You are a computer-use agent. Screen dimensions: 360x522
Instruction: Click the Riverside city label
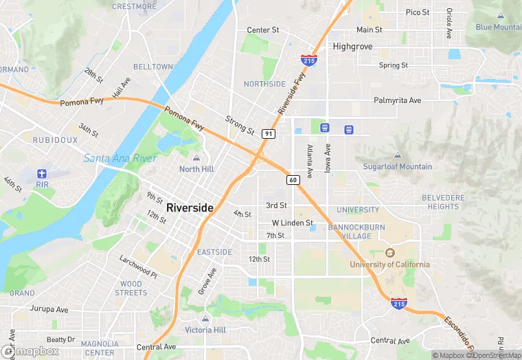click(x=190, y=207)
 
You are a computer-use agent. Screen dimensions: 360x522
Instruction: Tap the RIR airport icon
click(x=43, y=172)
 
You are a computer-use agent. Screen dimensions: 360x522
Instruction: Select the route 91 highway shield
click(x=269, y=133)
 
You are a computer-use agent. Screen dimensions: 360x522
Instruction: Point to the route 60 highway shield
click(x=293, y=180)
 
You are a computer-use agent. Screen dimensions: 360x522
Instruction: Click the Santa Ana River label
click(x=120, y=159)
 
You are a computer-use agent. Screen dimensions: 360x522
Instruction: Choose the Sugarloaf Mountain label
click(x=398, y=166)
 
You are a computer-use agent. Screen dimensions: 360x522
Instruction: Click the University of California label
click(x=389, y=265)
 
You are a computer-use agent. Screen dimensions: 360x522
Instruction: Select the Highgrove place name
click(x=352, y=47)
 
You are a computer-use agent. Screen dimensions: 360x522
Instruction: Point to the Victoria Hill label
click(x=205, y=330)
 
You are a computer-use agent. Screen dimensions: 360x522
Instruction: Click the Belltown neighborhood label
click(x=152, y=67)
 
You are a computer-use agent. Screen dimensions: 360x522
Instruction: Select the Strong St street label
click(x=240, y=125)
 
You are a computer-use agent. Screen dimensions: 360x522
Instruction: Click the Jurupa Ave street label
click(x=49, y=310)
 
